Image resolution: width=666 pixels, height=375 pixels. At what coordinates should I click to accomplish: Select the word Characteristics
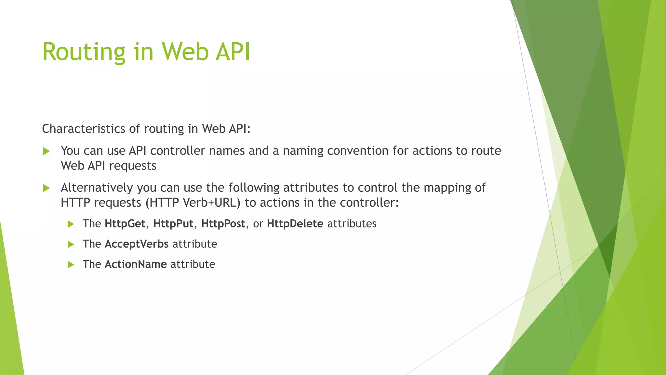[84, 129]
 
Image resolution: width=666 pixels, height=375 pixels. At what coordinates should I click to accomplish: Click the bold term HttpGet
[125, 224]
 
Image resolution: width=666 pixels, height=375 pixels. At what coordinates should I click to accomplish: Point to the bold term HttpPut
[173, 224]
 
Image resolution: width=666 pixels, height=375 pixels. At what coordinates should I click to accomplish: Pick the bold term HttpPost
[223, 224]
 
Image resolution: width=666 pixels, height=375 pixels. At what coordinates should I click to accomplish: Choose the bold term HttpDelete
[295, 224]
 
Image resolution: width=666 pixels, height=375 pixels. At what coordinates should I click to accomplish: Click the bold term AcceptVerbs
[137, 244]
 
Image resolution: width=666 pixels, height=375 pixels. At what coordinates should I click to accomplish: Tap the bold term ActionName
[136, 264]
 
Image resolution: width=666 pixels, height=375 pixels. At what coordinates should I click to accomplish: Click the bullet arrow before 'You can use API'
[46, 151]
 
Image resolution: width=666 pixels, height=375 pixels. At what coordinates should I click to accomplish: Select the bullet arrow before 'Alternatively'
[46, 188]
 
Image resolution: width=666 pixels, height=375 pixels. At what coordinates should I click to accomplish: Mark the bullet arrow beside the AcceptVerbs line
[71, 244]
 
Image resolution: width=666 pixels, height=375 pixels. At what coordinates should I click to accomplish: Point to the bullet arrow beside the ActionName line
[71, 265]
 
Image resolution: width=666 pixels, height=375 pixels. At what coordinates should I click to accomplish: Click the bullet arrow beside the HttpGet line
[71, 224]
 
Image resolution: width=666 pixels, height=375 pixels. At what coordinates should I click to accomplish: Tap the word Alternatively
[97, 188]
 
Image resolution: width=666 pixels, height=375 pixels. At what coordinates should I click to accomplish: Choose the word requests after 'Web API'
[133, 166]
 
